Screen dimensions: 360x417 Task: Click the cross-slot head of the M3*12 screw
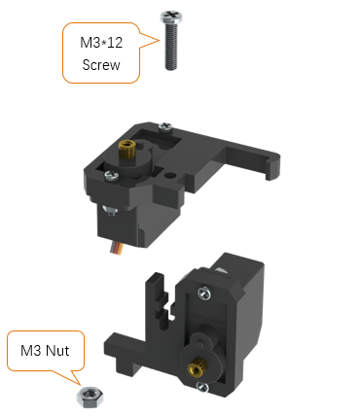(171, 17)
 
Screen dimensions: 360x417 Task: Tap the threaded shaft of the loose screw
(171, 47)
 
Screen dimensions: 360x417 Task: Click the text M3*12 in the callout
(101, 43)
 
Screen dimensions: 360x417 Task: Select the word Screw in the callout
(101, 65)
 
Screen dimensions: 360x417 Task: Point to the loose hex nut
(90, 398)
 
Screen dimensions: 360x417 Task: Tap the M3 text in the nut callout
(31, 351)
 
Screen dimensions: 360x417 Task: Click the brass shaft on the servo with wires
(126, 150)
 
